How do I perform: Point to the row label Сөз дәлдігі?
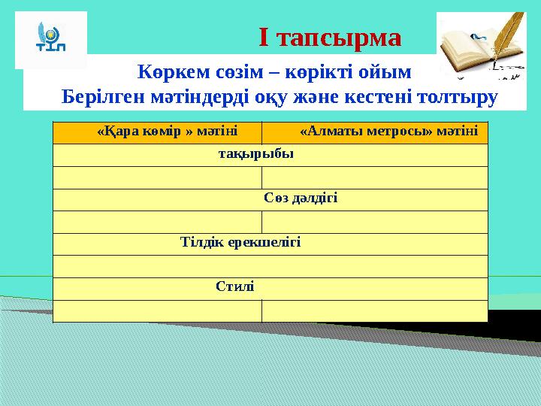click(x=301, y=198)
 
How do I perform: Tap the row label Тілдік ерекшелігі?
click(x=240, y=243)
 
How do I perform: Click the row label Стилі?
click(x=234, y=287)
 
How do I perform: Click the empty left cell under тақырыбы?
click(x=157, y=177)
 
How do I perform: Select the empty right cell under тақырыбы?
click(x=374, y=177)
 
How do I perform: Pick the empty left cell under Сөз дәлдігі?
click(x=157, y=222)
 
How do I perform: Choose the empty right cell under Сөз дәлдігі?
click(x=374, y=222)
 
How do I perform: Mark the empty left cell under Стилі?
click(x=157, y=311)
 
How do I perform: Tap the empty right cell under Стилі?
click(x=374, y=311)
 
